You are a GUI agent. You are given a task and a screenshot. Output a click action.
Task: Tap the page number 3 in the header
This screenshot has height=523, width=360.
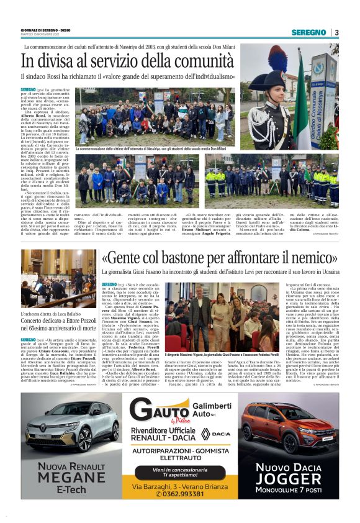336,32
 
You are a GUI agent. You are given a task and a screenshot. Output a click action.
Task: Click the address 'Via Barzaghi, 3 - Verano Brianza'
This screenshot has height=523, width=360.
179,484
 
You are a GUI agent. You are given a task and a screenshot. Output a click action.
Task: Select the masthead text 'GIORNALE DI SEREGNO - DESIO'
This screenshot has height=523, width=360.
42,29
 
